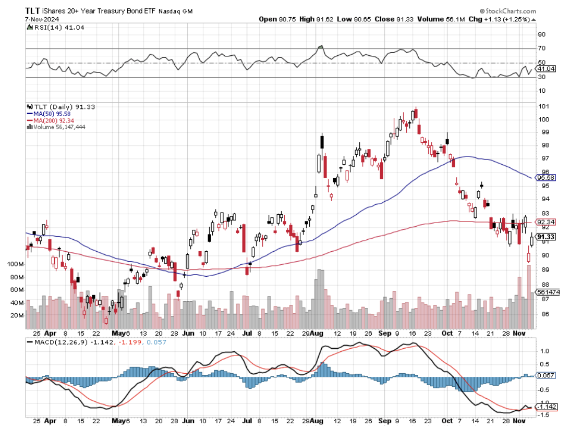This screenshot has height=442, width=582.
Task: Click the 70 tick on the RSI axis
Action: pyautogui.click(x=542, y=48)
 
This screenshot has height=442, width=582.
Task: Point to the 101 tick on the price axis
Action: pyautogui.click(x=544, y=106)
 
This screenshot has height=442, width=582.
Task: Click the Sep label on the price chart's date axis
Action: pyautogui.click(x=384, y=332)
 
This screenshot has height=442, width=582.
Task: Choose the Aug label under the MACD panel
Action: pyautogui.click(x=317, y=420)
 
